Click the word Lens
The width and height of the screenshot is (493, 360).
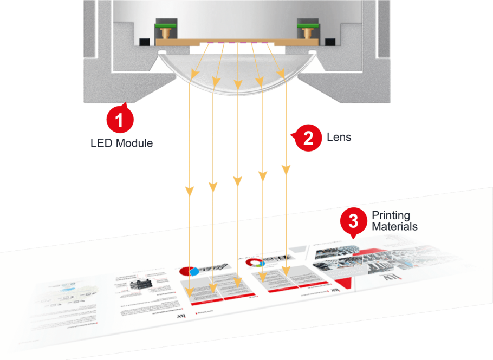[339, 136]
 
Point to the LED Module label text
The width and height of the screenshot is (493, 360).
[121, 143]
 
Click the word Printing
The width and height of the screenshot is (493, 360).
[391, 216]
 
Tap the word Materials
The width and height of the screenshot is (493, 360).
[394, 226]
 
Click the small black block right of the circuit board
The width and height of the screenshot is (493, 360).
[327, 42]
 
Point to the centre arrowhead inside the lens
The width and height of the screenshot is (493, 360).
[237, 84]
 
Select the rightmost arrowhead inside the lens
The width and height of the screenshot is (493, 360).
[280, 73]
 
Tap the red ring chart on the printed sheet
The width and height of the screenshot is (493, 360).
[254, 262]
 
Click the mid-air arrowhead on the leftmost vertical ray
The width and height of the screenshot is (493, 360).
[190, 191]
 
